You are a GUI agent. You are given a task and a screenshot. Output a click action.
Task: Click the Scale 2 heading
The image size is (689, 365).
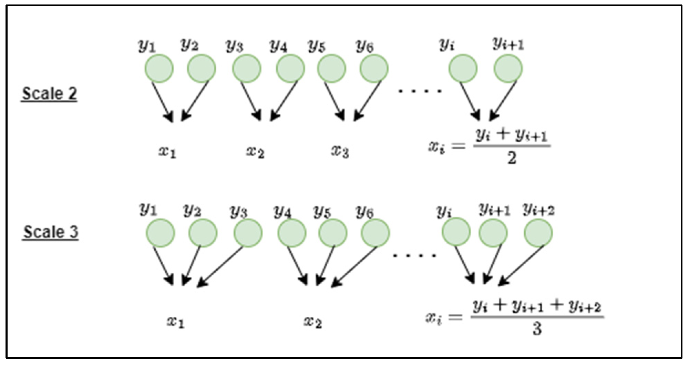(x=49, y=94)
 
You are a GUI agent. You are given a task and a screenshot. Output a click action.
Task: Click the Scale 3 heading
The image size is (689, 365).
(x=51, y=232)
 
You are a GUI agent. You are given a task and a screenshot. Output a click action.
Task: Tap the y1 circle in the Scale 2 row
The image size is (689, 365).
(x=159, y=68)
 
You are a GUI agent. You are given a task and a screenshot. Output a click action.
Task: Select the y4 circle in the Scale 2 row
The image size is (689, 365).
(x=290, y=68)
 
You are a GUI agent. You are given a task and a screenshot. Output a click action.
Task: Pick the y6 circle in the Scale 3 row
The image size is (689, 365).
(x=375, y=233)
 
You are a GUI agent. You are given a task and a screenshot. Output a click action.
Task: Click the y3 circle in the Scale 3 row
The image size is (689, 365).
(x=248, y=233)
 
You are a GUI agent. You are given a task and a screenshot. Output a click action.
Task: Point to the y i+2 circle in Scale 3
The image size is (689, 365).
(x=538, y=233)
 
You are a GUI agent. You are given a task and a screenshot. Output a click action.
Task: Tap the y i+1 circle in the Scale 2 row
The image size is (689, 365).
(x=508, y=68)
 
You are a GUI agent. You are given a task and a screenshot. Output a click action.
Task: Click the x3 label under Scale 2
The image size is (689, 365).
(x=340, y=151)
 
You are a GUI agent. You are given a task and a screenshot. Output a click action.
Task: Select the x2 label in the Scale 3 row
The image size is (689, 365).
(x=313, y=322)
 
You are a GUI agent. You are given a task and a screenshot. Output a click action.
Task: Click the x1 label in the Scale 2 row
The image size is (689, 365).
(x=167, y=152)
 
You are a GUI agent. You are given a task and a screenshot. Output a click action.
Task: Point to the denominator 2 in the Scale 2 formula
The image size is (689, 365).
(x=512, y=158)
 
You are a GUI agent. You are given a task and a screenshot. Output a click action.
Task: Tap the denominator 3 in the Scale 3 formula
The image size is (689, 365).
(x=537, y=328)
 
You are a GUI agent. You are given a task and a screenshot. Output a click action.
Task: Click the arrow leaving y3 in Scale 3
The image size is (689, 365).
(x=220, y=266)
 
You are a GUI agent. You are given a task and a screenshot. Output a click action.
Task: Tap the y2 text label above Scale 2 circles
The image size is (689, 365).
(x=189, y=45)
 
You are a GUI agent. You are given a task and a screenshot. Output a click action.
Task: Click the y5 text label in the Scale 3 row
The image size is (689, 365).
(x=322, y=212)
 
